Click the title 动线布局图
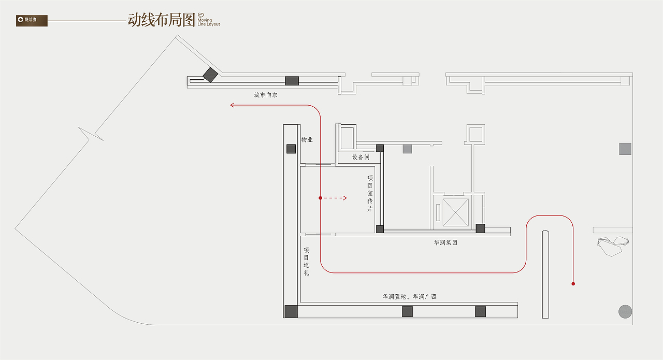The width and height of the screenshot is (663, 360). pos(161,20)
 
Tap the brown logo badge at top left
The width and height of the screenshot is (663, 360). pos(32,21)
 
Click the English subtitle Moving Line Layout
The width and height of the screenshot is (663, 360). pos(209,22)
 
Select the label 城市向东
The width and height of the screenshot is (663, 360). pos(265,95)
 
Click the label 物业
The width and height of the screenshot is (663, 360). pos(307,140)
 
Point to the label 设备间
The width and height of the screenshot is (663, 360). pos(361,157)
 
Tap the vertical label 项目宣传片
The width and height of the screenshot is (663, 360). pos(370,193)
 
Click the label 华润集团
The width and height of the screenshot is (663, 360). pos(445,242)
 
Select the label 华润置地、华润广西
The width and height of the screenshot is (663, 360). pos(409,297)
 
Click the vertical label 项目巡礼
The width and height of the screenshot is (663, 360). pos(306,262)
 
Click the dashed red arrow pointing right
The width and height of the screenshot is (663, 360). pos(336,198)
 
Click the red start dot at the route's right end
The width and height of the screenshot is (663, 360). pos(573,284)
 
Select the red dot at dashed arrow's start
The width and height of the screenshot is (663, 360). pos(321,198)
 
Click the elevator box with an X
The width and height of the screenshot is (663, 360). pos(455,211)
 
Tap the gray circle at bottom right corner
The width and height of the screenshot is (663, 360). pos(625,311)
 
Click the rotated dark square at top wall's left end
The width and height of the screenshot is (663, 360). pos(210,75)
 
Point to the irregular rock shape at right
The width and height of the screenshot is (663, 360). pos(612,246)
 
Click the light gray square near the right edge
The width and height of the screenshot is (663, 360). pos(625,149)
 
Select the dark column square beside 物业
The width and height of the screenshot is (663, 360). pos(291,149)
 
